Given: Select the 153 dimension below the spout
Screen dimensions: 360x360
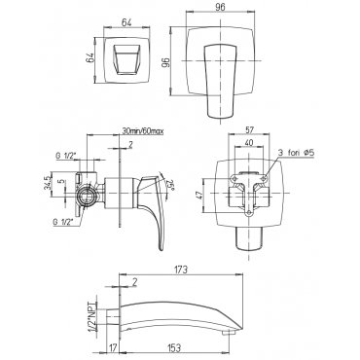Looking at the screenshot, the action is (x=174, y=348).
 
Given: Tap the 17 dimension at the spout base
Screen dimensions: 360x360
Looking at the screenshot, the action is (x=113, y=348).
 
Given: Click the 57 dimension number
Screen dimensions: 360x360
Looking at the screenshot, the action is (x=249, y=129).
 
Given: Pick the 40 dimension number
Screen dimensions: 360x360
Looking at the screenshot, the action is (x=249, y=142).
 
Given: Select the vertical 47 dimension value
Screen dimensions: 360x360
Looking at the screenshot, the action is (x=198, y=194).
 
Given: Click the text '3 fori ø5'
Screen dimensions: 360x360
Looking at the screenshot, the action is (x=296, y=153).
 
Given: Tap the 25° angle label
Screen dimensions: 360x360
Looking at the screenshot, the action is (x=169, y=186).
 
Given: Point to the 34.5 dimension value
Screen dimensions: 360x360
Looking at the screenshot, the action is (x=48, y=183).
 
